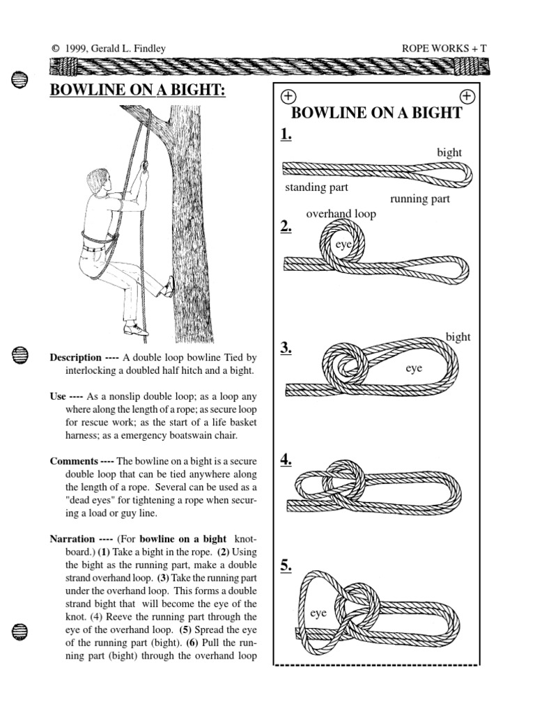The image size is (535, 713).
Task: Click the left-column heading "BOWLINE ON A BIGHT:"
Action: [x=138, y=91]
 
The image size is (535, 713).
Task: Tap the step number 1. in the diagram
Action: [x=286, y=135]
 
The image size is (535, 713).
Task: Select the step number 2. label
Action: [x=286, y=226]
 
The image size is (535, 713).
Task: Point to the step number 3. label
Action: [x=286, y=349]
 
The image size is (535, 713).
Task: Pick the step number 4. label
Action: [x=286, y=460]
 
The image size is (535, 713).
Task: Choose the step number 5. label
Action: [x=286, y=565]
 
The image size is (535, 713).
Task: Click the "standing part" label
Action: [x=316, y=187]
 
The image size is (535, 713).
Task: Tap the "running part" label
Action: [x=420, y=199]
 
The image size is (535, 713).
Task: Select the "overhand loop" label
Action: [x=341, y=214]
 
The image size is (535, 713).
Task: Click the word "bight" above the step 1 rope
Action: [x=449, y=152]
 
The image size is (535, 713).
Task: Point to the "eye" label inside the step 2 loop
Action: [x=343, y=244]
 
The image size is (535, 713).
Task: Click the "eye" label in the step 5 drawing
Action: [x=318, y=613]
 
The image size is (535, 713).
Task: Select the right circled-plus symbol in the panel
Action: [x=467, y=95]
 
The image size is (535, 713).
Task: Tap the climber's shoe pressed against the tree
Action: [x=168, y=287]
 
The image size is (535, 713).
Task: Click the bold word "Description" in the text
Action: [x=76, y=357]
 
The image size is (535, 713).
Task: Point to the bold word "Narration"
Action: [x=72, y=538]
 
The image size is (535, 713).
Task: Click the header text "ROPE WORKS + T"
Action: [x=445, y=48]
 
